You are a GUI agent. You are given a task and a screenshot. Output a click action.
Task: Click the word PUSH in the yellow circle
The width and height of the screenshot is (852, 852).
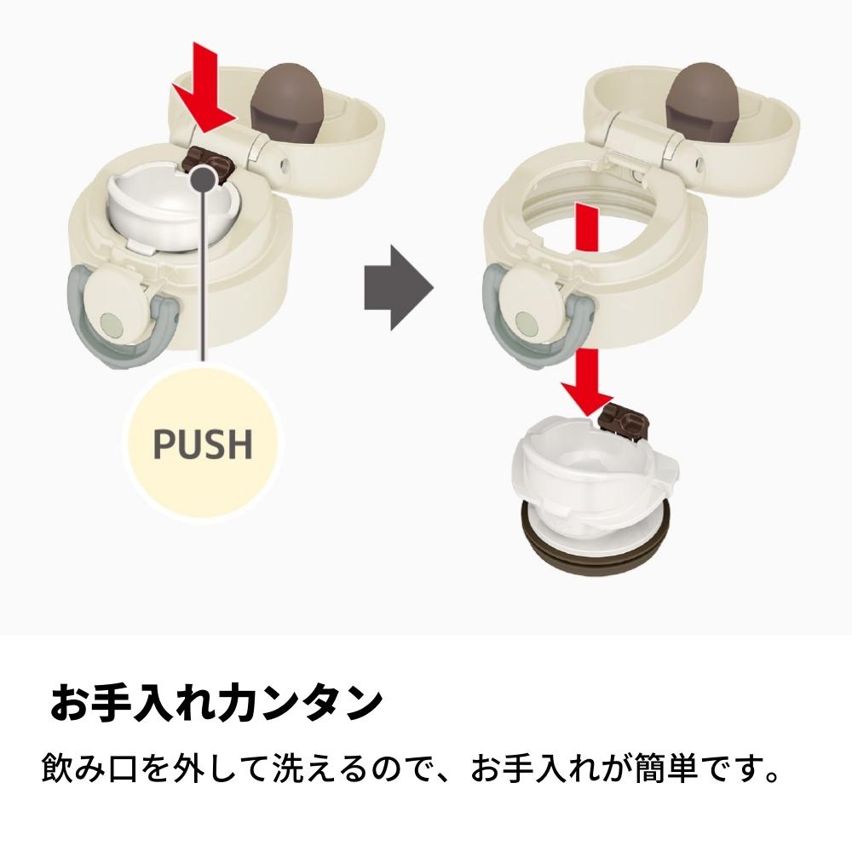point(203,443)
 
